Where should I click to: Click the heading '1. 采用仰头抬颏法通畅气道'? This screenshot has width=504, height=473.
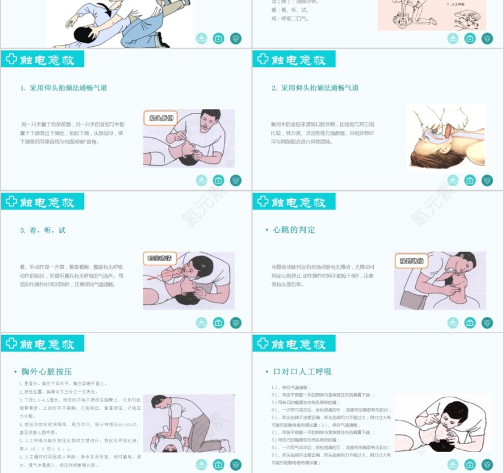pos(64,88)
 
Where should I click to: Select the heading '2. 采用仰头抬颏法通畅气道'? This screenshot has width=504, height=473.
pos(315,88)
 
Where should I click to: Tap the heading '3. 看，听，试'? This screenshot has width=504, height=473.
pos(43,230)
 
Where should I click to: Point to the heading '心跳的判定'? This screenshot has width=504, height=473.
pos(293,230)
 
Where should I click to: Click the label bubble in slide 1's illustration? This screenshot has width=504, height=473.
pos(161,118)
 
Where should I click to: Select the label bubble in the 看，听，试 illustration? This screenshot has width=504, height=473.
pos(160,259)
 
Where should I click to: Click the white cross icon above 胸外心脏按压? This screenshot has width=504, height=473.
pos(11,344)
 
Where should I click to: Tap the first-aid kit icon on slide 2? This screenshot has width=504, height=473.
pos(470,180)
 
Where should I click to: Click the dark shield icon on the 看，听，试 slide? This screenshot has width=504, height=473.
pos(236,323)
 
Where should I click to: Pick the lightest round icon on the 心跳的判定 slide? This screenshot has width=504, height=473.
pos(453,323)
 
